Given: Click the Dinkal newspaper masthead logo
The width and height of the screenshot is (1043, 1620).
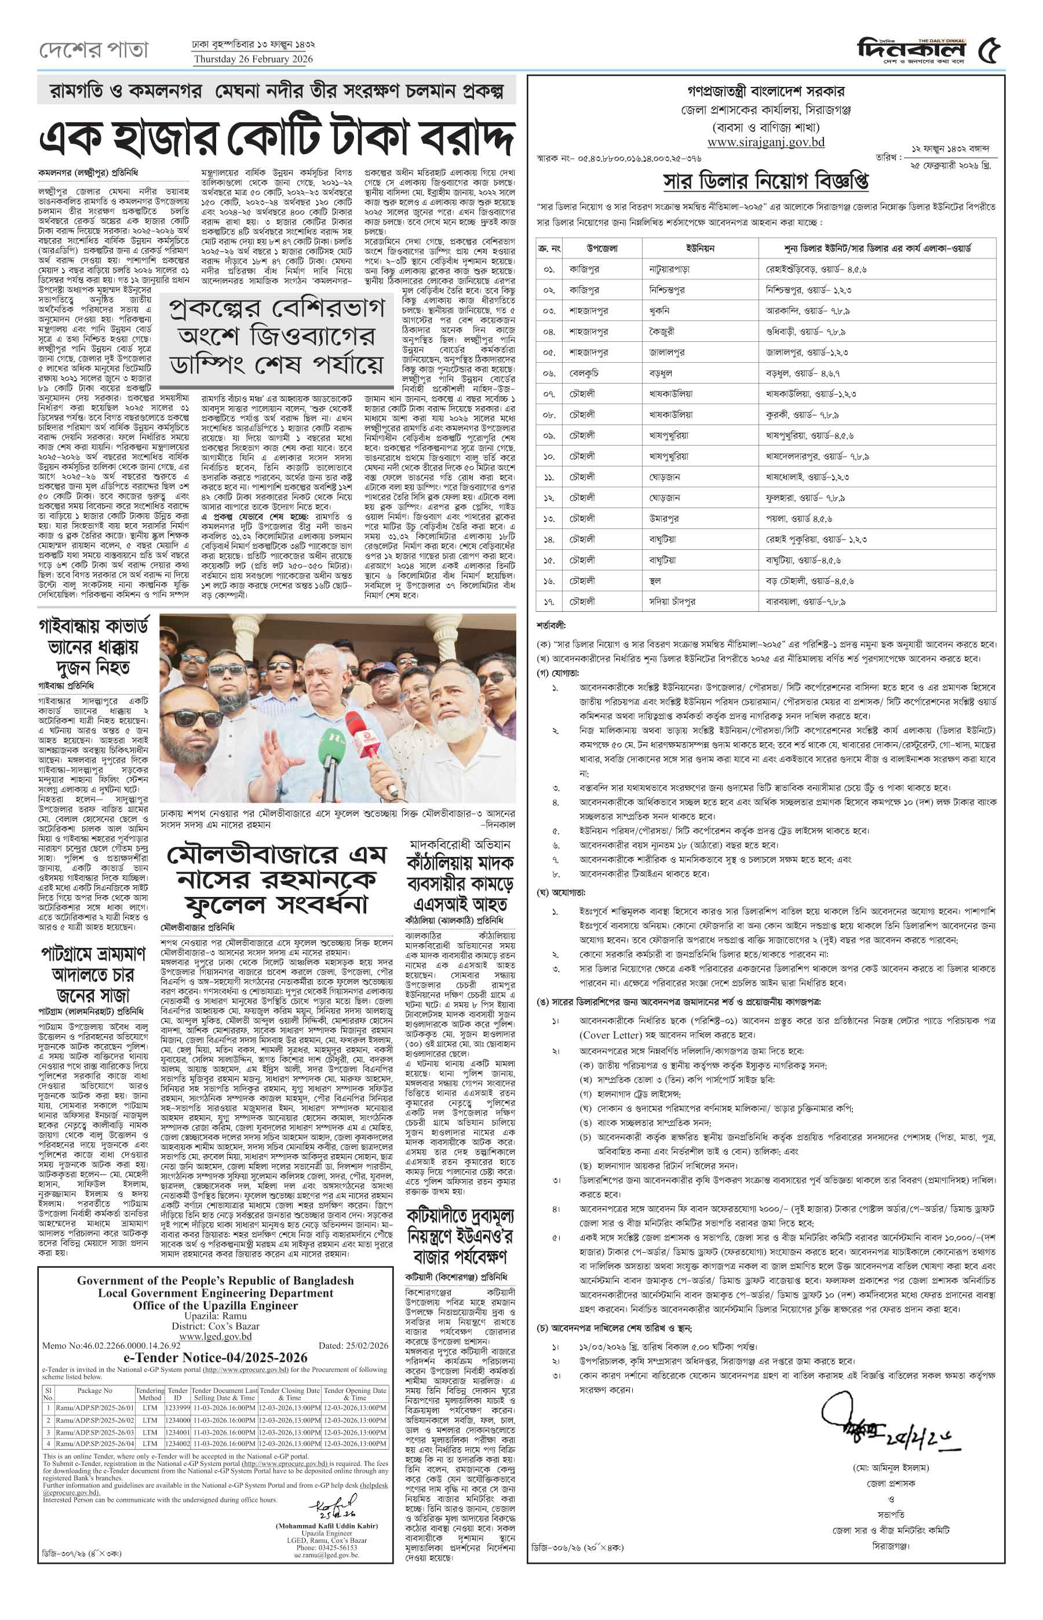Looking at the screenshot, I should click(911, 49).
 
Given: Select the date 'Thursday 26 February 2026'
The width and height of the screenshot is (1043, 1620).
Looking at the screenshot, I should click(253, 59).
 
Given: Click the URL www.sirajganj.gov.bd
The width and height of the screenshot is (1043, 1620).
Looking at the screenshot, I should click(765, 142).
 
